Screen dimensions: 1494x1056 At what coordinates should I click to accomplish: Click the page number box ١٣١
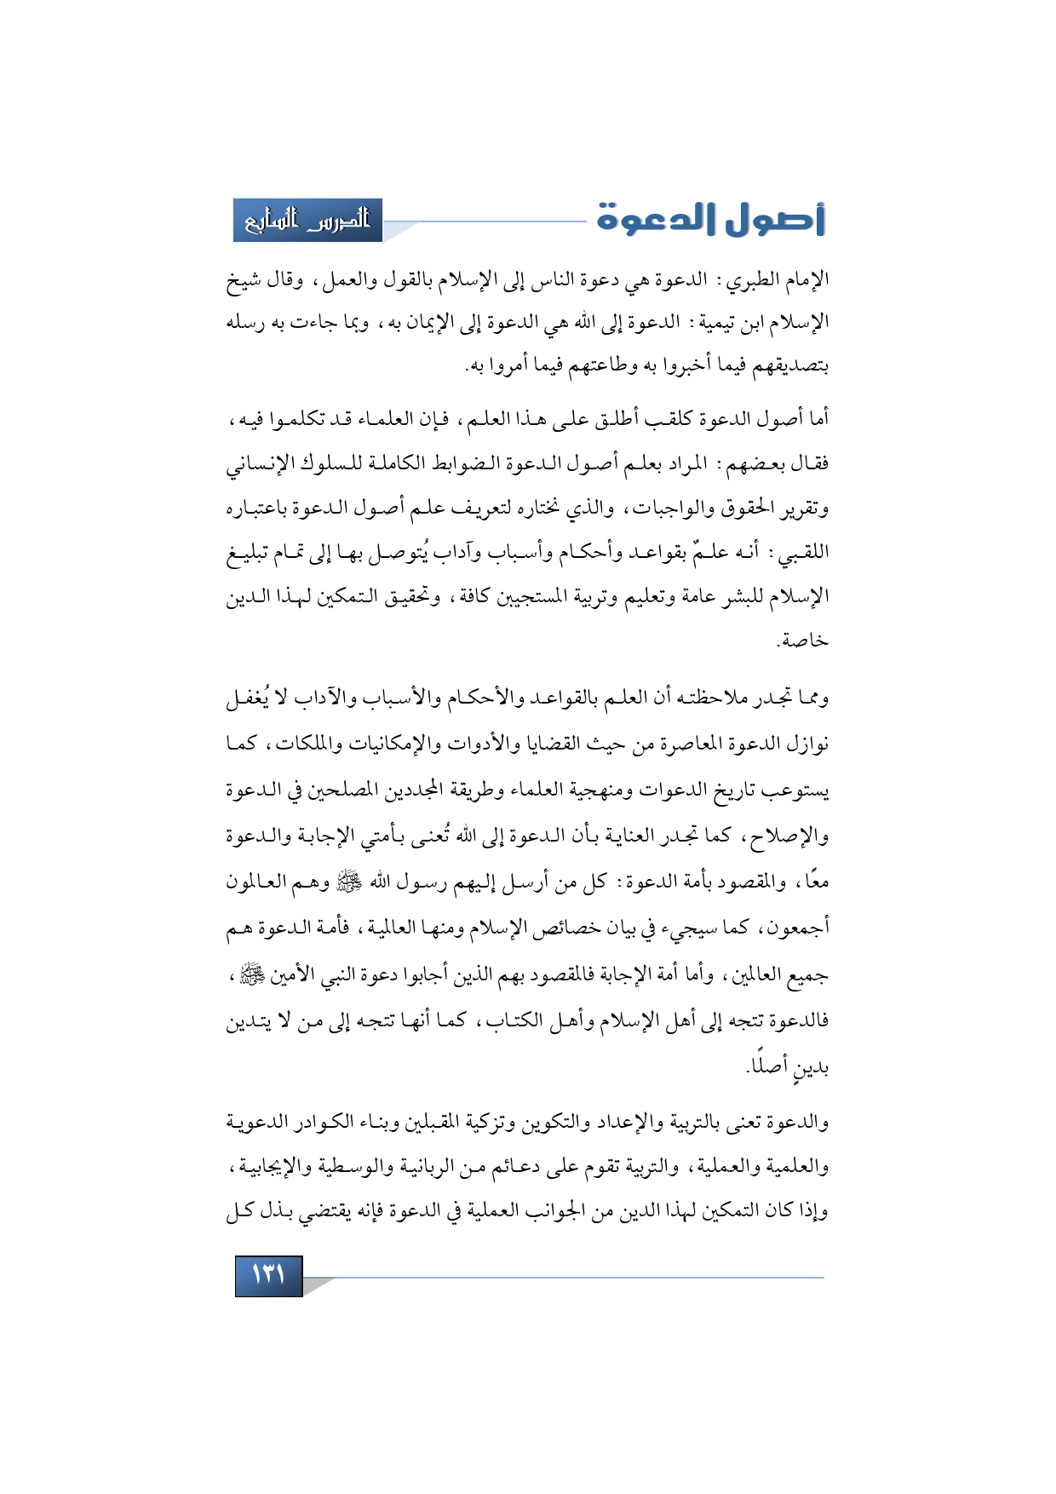[x=268, y=1275]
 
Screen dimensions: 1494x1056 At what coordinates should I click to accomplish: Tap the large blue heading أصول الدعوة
[x=711, y=220]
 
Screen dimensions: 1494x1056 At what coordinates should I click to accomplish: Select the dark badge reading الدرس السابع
[x=307, y=221]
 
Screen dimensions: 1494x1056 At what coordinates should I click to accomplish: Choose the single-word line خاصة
[x=803, y=640]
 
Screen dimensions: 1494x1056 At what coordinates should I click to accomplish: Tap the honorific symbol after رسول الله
[x=350, y=881]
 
